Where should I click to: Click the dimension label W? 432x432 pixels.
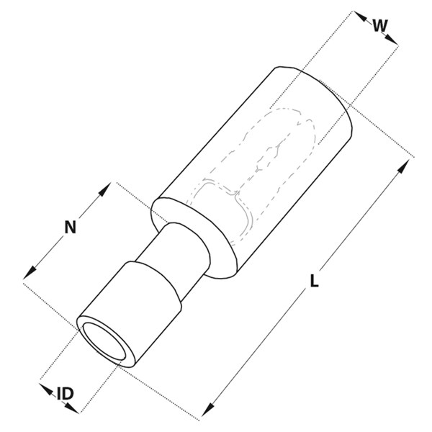click(x=380, y=25)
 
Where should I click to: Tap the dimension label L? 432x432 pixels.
click(x=315, y=281)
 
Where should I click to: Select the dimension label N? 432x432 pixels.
click(x=70, y=228)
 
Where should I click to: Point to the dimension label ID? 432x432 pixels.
click(x=66, y=393)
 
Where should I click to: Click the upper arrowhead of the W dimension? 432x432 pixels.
click(x=360, y=17)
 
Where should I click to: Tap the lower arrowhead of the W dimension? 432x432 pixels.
click(x=392, y=39)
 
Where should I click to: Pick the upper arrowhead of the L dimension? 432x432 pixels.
click(x=404, y=166)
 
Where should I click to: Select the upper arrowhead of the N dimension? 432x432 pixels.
click(x=105, y=189)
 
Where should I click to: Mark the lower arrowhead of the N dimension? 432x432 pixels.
click(x=30, y=272)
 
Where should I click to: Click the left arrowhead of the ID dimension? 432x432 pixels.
click(x=46, y=389)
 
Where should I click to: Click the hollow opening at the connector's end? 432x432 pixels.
click(x=104, y=341)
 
